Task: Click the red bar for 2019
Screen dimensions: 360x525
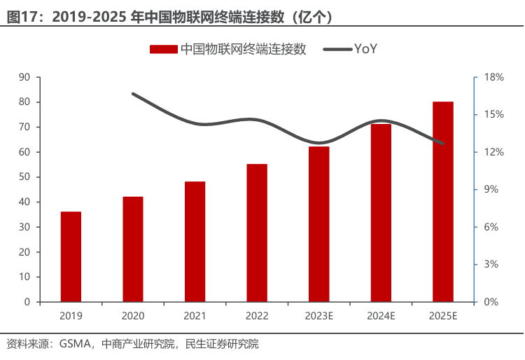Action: coord(71,256)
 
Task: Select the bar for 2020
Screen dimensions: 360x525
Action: coord(133,249)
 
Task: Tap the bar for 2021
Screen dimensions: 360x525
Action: coord(195,242)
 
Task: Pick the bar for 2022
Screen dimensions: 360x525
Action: coord(257,233)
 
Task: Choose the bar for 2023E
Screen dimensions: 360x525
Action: coord(319,224)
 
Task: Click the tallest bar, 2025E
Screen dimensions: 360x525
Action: coord(443,202)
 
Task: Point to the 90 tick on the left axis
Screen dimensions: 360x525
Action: coord(24,77)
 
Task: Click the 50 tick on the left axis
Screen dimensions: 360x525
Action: coord(24,177)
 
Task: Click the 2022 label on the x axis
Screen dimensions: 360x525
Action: coord(257,316)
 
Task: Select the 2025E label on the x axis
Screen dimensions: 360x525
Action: coord(443,316)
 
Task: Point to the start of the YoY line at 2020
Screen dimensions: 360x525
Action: coord(133,93)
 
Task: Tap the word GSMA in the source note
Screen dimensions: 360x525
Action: coord(75,344)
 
